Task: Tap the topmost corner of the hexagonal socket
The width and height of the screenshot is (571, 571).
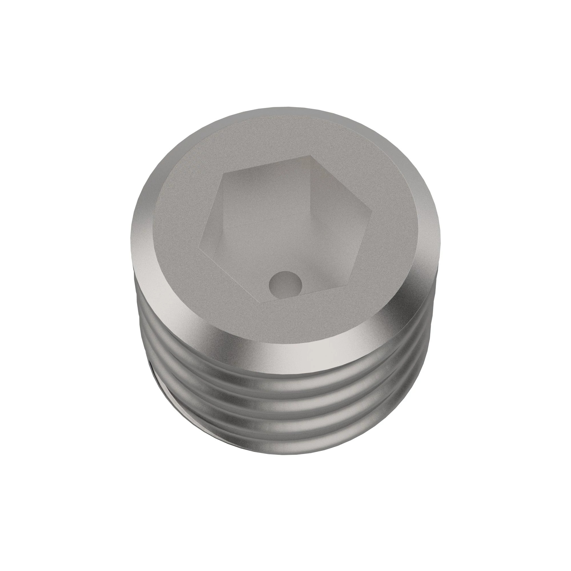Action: coord(310,156)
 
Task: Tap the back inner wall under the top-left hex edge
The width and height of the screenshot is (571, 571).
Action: coord(266,189)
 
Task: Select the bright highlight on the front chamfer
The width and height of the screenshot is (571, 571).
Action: coord(266,340)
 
